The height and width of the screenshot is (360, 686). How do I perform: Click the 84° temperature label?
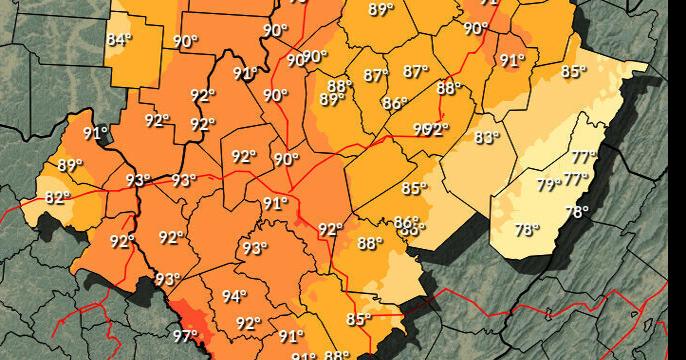tap(119, 40)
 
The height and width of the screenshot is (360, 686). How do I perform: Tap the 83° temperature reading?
tap(486, 137)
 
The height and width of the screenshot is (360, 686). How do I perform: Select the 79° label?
tap(548, 184)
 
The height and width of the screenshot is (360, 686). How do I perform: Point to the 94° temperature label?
tap(234, 296)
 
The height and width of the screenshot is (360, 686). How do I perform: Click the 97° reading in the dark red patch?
tap(185, 336)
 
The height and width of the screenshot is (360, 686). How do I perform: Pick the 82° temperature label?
tap(58, 198)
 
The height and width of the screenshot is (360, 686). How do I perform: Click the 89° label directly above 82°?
tap(70, 166)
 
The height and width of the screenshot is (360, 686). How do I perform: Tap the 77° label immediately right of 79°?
tap(574, 179)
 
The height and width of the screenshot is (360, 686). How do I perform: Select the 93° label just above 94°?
tap(255, 248)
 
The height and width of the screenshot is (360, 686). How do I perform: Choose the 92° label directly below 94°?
tap(248, 323)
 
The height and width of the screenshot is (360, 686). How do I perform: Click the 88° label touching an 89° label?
tap(340, 86)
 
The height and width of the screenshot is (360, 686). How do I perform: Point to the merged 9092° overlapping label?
tap(431, 129)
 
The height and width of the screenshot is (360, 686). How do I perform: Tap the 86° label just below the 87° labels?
tap(395, 103)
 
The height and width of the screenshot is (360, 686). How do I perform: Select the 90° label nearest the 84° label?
tap(185, 41)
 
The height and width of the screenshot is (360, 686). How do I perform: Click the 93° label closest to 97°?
tap(167, 279)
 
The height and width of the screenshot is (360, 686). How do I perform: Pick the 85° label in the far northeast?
tap(573, 71)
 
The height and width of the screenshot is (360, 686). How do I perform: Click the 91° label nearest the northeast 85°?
tap(512, 60)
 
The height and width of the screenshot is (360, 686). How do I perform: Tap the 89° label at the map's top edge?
tap(381, 10)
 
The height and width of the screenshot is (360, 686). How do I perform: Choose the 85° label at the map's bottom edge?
tap(358, 320)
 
